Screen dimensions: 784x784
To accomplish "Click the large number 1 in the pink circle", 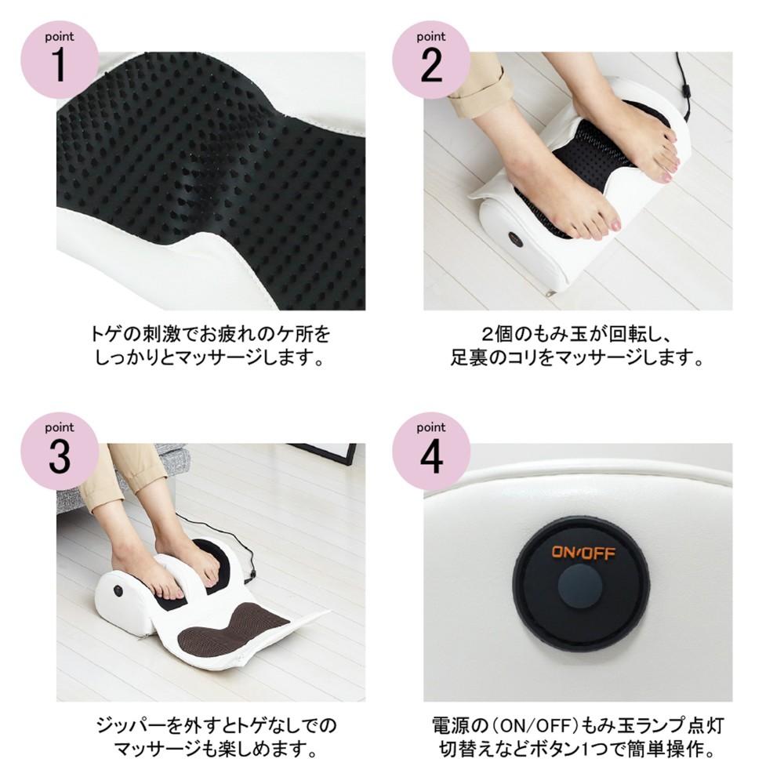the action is coord(60,65).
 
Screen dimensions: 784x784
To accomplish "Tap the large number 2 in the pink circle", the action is coord(431,65).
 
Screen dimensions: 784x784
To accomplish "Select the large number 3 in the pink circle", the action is coord(60,456).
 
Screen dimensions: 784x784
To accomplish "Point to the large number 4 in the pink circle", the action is coord(431,456).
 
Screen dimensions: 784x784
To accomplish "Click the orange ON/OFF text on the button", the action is coord(583,553).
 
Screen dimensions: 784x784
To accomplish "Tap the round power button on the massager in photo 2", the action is coord(516,239).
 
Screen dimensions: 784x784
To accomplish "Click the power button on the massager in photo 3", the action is coord(118,590).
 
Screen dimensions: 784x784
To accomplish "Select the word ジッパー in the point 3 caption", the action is coord(130,725).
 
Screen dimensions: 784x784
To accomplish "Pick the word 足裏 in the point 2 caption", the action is coord(469,358).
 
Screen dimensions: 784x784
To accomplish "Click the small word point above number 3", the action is coord(59,427).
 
